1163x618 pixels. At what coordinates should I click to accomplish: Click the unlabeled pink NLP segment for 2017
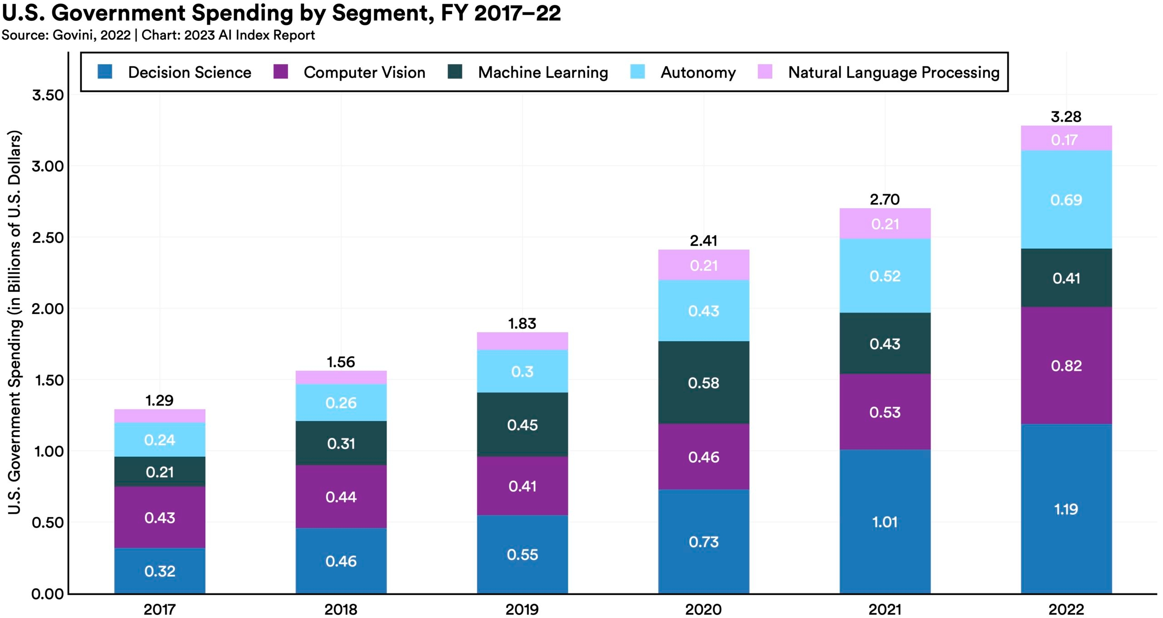(159, 416)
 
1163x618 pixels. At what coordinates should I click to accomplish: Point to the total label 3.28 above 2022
(1066, 117)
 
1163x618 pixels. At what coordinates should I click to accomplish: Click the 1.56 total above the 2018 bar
(341, 362)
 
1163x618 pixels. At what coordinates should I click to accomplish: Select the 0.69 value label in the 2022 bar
(1066, 200)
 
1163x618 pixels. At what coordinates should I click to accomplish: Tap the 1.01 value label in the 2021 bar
(885, 522)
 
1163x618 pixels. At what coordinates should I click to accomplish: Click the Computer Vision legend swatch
(281, 72)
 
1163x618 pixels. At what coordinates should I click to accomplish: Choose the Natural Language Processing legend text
(894, 73)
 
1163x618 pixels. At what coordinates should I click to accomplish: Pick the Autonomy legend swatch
(638, 72)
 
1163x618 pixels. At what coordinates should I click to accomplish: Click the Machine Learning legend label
(543, 73)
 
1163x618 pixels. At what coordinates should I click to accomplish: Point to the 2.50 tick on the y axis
(48, 238)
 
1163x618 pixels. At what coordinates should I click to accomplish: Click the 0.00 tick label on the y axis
(48, 594)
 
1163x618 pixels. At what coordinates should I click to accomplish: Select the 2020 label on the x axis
(703, 609)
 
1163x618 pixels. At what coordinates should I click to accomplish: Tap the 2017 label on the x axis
(159, 609)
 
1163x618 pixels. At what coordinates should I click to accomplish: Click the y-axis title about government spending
(15, 323)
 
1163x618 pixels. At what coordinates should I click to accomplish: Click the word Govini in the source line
(73, 35)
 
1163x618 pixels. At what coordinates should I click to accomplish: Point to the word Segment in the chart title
(380, 13)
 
